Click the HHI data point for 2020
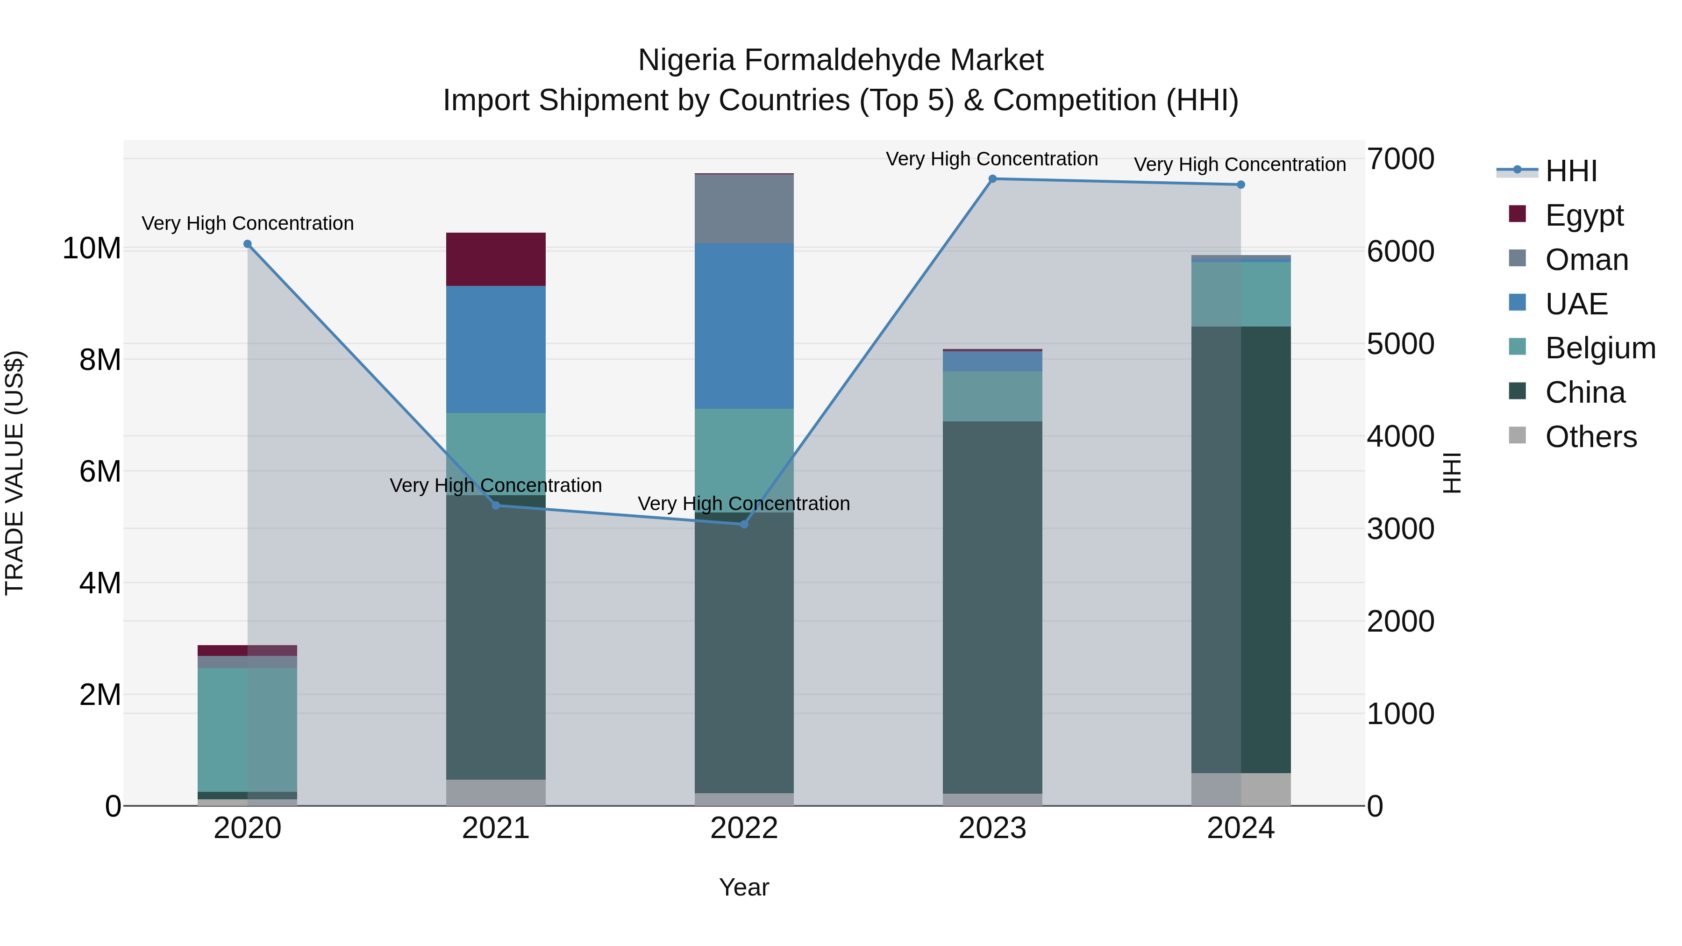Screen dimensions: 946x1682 click(248, 244)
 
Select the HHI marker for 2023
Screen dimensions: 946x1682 click(992, 179)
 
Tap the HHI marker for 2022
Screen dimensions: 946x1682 click(744, 524)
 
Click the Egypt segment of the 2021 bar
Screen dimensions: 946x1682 click(496, 259)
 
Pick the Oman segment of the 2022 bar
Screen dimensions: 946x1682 click(744, 209)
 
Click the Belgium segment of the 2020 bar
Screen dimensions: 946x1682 click(248, 729)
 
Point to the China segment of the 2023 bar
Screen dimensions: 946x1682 click(992, 607)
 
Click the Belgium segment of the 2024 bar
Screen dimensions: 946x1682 click(1240, 294)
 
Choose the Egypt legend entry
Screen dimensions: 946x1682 click(1584, 215)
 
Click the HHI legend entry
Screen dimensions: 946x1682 click(1571, 171)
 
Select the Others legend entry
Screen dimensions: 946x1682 click(1590, 437)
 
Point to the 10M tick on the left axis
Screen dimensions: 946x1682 click(92, 249)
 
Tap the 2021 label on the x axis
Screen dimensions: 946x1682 click(496, 828)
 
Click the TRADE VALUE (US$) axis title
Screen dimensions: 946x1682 click(15, 473)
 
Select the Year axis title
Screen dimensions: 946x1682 click(744, 887)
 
